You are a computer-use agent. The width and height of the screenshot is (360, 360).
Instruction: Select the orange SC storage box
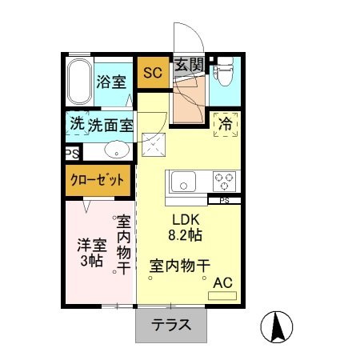(x=152, y=73)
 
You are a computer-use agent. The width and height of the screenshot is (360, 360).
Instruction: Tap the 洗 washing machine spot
(x=76, y=125)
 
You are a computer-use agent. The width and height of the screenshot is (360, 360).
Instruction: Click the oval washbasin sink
(x=117, y=149)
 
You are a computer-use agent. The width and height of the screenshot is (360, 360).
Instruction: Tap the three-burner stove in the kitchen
(x=220, y=182)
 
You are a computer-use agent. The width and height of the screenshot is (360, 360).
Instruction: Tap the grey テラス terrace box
(x=171, y=326)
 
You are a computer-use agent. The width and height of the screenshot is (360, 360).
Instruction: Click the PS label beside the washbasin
(x=70, y=150)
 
